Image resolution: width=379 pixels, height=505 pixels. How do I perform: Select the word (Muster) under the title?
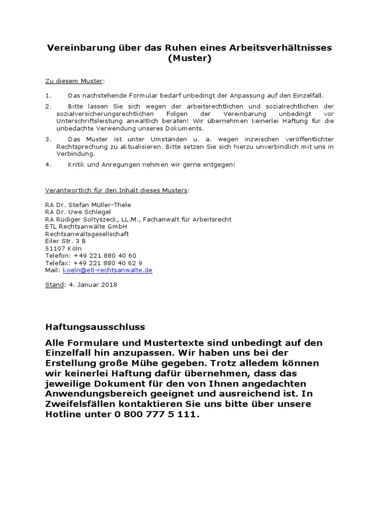[x=189, y=59]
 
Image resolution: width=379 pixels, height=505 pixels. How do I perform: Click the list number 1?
[x=48, y=96]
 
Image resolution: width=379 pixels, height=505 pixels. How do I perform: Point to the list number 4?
[x=48, y=164]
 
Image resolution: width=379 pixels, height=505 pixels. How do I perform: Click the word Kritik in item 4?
[x=77, y=164]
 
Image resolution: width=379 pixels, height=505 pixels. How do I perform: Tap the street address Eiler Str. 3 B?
[x=65, y=241]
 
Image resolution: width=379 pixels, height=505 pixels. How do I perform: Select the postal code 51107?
[x=55, y=249]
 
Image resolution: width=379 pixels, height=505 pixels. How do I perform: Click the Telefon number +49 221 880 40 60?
[x=105, y=256]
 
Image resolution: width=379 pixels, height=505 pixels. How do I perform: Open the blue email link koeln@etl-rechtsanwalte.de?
[x=108, y=270]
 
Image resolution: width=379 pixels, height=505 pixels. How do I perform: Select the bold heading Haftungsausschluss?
[x=95, y=327]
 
